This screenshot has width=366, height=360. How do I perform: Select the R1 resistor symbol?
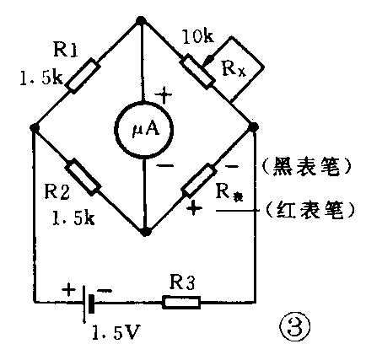(87, 75)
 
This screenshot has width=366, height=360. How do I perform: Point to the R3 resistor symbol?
(181, 300)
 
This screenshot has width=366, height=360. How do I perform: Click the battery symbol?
(86, 301)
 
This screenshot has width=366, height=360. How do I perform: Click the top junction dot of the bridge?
(143, 18)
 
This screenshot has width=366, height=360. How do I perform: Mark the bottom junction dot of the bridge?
(145, 230)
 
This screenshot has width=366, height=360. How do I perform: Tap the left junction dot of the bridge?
(33, 128)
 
